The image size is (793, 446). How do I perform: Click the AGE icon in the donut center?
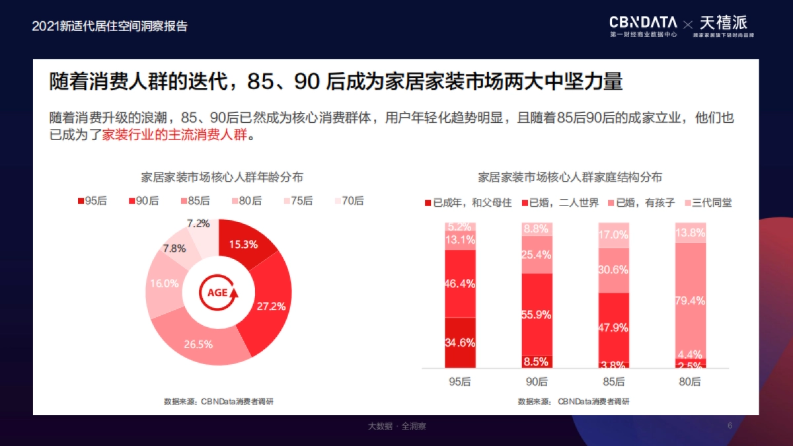pos(218,292)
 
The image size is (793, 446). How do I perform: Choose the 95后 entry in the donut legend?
pos(92,201)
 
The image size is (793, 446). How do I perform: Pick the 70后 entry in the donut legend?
pos(349,201)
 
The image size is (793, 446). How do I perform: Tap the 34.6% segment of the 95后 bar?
pos(460,342)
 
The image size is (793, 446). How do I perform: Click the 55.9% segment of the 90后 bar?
pos(537,315)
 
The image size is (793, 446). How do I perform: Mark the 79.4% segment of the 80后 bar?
pos(691,301)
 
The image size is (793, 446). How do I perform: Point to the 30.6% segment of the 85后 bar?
pos(614,270)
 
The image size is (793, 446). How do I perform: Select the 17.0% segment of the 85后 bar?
pos(614,235)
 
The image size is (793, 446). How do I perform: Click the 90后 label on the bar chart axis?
pos(537,381)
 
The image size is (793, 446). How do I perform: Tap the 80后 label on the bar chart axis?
pos(691,381)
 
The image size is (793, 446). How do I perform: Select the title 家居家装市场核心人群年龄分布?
pos(223,177)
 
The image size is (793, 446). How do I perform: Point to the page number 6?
pos(730,426)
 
